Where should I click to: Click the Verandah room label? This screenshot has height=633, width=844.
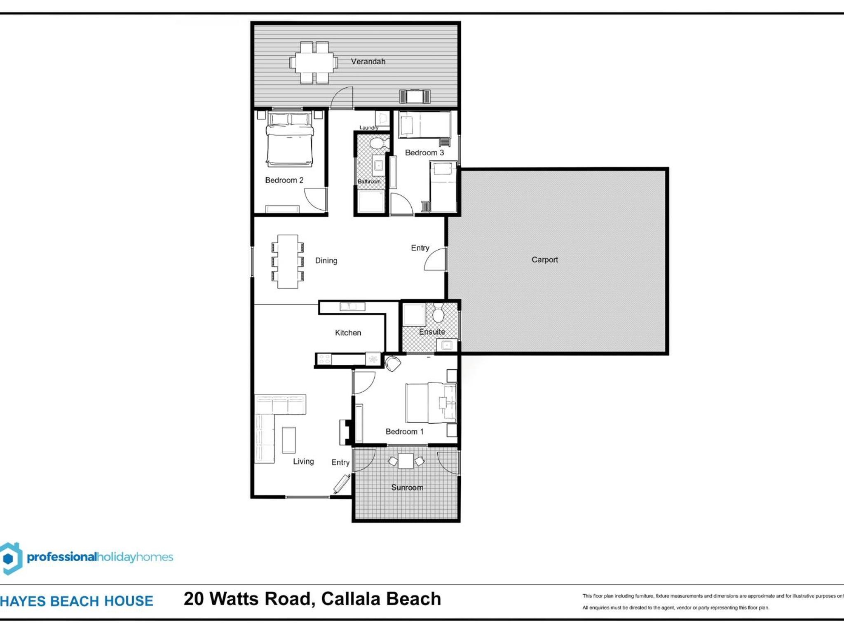pos(368,61)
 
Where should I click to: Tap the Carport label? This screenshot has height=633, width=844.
pos(544,260)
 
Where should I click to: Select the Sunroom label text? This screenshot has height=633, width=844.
pos(407,488)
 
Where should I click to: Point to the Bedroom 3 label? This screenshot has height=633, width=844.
pos(424,152)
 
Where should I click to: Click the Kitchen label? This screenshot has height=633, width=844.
pos(348,333)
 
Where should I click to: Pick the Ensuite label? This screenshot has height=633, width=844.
pos(432,332)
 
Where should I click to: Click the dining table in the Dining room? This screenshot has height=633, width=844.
pos(288,261)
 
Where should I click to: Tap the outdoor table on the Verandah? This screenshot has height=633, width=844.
pos(314,62)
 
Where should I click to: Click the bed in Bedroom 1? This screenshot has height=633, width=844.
pos(431,403)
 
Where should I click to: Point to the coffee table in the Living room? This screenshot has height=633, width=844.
pos(288,440)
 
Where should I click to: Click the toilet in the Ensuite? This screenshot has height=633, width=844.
pos(438,313)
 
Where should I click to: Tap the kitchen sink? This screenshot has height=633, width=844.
pos(352,306)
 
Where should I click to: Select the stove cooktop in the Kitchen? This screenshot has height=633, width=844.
pos(324,359)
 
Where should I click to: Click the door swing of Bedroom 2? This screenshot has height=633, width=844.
pos(315,200)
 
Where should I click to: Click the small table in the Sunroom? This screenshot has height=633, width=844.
pos(406,461)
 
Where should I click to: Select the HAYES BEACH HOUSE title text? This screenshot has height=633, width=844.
pos(77,601)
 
